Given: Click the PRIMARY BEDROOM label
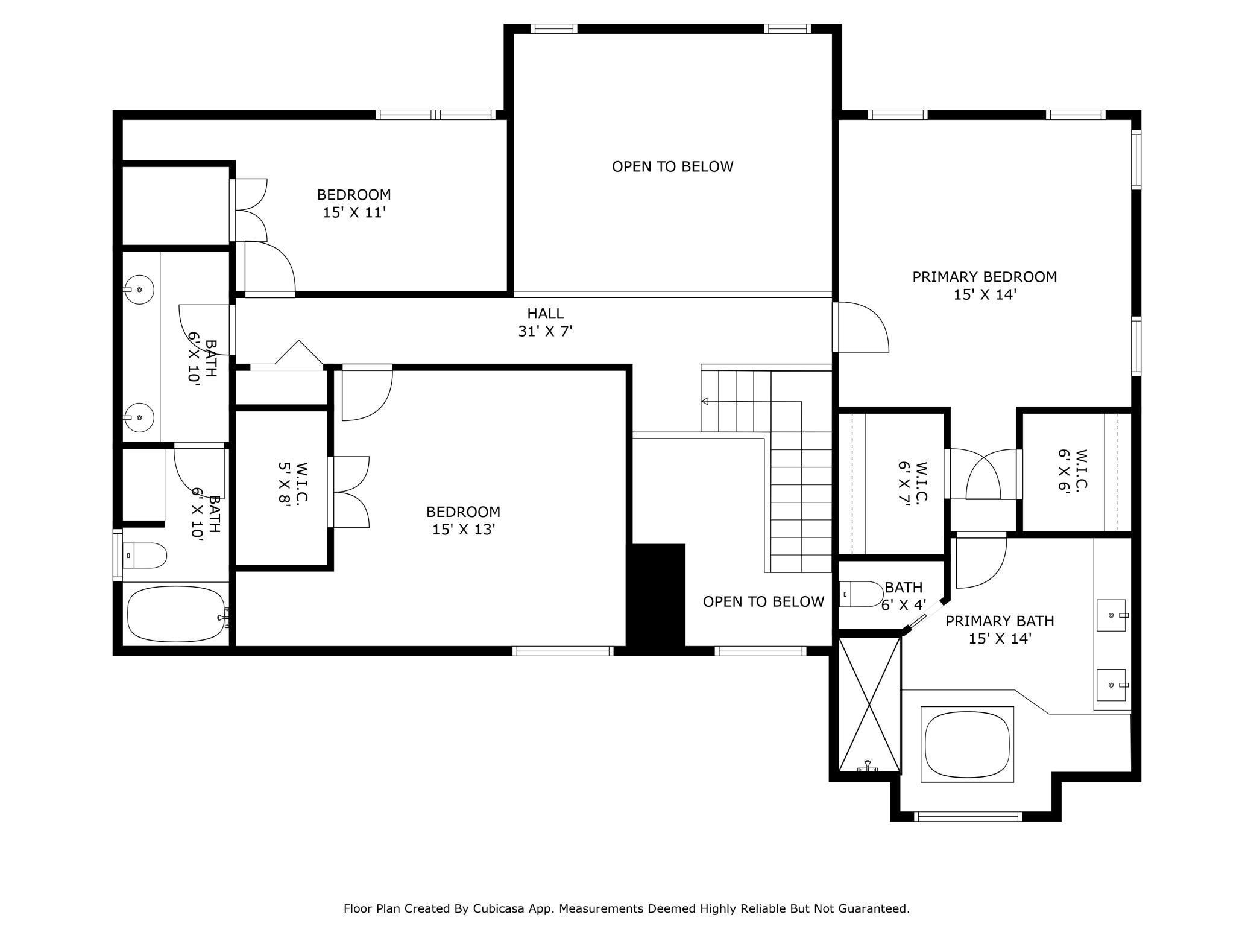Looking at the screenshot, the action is click(x=985, y=277).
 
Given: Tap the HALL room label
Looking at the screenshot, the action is click(x=546, y=314).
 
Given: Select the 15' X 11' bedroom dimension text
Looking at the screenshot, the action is click(x=354, y=212).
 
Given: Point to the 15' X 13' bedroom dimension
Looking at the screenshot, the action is click(x=464, y=530).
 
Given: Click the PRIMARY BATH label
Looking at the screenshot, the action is click(x=1000, y=621).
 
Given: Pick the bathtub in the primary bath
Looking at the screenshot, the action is click(x=968, y=744).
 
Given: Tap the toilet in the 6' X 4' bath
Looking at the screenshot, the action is click(x=861, y=594).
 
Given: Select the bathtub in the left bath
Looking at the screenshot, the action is click(x=177, y=614).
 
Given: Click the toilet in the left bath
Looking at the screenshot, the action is click(x=145, y=556).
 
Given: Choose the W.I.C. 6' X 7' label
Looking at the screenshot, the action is click(x=913, y=485).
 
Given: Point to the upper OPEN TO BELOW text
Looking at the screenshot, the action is click(x=673, y=166).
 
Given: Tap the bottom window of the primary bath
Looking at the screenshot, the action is click(x=968, y=816).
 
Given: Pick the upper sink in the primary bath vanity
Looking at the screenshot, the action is click(x=1111, y=615).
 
